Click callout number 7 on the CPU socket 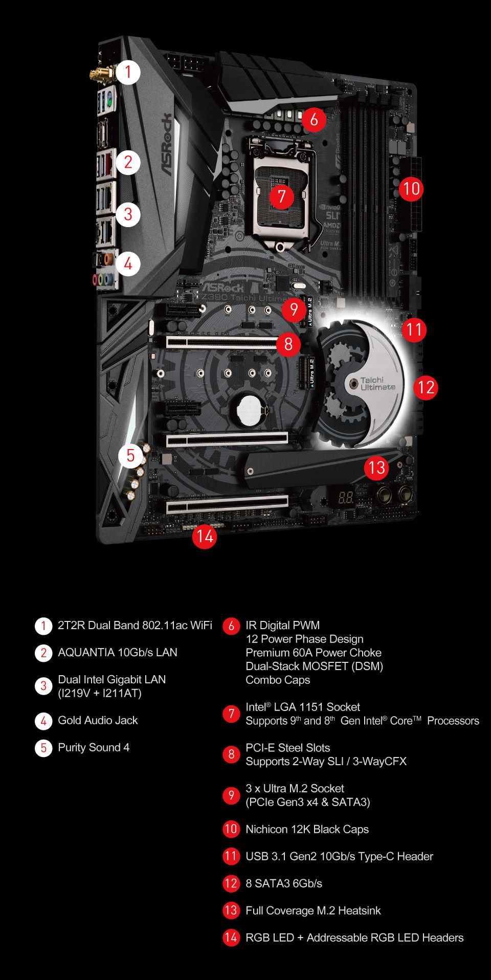coord(281,196)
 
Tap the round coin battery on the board coord(250,410)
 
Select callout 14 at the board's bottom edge coord(205,537)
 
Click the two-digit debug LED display coord(346,497)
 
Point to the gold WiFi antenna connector coord(102,74)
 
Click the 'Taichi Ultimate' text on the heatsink coord(377,384)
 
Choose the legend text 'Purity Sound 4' coord(94,747)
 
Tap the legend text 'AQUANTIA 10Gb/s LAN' coord(118,652)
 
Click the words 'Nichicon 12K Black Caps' coord(307,829)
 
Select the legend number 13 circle coord(231,910)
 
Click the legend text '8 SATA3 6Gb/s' coord(284,883)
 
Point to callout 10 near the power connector coord(411,189)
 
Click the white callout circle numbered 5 coord(130,455)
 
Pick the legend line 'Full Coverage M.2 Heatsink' coord(313,910)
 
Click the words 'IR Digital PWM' coord(282,625)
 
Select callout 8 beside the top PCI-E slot coord(288,344)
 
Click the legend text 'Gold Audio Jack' coord(98,720)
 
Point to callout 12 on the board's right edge coord(426,387)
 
